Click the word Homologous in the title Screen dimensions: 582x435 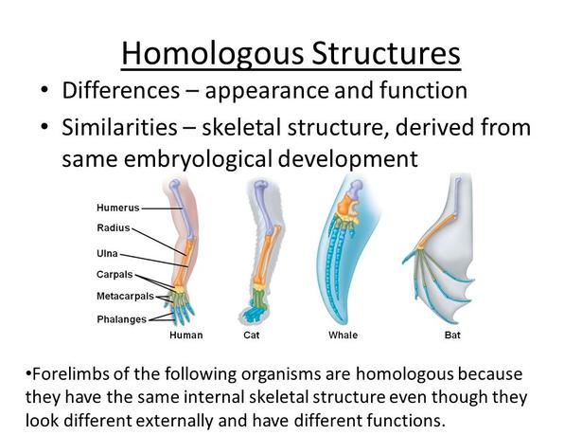(x=212, y=53)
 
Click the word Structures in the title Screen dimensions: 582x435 (x=386, y=52)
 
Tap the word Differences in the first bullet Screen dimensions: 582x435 (x=120, y=90)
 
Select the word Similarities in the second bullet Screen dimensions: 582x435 (x=119, y=127)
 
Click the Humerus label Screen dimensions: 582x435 (x=118, y=208)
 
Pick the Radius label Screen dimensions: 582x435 (x=114, y=227)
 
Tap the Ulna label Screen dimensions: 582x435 (x=107, y=254)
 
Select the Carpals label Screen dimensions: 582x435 (x=115, y=275)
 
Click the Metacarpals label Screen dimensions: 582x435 (x=125, y=297)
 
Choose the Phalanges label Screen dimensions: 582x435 (x=121, y=319)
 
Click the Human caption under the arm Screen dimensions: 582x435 (x=186, y=335)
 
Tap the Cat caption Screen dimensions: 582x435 (x=252, y=335)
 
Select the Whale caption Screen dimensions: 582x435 (x=343, y=335)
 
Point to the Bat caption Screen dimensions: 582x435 (x=452, y=335)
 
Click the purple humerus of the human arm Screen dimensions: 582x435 (x=183, y=208)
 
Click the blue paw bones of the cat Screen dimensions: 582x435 (x=254, y=314)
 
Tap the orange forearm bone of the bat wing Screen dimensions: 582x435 (x=438, y=231)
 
